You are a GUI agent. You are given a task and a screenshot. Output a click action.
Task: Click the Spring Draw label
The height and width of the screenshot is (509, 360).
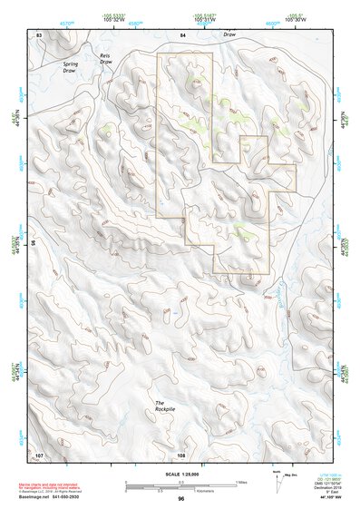pos(71,66)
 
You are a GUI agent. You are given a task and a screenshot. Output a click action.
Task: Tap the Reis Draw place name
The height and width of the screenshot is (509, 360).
pos(118,60)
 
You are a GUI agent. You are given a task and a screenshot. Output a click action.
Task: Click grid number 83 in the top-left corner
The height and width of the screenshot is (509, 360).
pos(39,34)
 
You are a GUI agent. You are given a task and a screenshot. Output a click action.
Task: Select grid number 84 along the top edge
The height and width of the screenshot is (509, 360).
pos(182,34)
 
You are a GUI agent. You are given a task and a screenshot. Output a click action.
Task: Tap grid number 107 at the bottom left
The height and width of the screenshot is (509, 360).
pos(39,453)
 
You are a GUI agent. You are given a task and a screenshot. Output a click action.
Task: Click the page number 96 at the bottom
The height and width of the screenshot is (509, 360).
pos(181,497)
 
